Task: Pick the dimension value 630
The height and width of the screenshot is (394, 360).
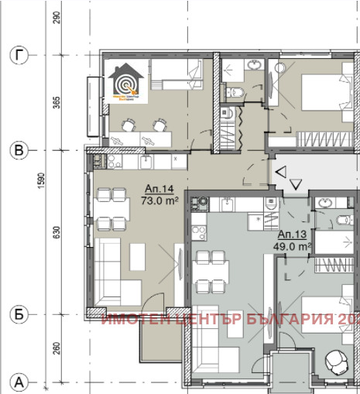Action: [57, 234]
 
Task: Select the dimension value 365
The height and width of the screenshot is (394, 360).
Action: [57, 103]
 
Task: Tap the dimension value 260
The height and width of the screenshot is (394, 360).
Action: [57, 349]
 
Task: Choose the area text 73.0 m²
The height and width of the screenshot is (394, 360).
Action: [159, 200]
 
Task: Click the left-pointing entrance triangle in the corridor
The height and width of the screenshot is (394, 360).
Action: [283, 171]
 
